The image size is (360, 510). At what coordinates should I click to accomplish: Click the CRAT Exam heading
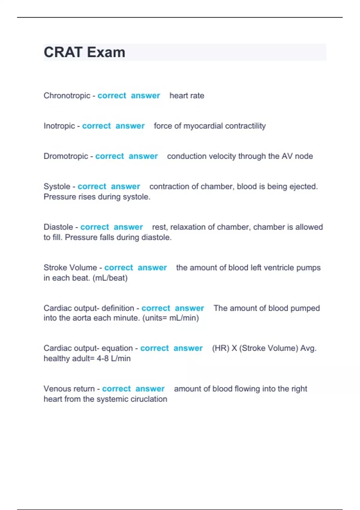tap(84, 52)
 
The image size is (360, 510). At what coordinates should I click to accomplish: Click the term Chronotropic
tap(67, 95)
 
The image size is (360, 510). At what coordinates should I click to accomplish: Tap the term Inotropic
tap(59, 126)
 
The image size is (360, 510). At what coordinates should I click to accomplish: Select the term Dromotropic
tap(66, 156)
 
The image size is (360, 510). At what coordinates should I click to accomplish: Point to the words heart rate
tap(187, 95)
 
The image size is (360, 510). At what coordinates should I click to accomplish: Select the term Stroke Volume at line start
tap(70, 267)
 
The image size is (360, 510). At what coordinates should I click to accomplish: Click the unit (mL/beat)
tap(110, 278)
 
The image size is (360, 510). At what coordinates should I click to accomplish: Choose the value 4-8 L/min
tap(113, 358)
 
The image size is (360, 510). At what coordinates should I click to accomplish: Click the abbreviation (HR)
tap(220, 348)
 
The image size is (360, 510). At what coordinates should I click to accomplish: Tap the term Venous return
tap(69, 388)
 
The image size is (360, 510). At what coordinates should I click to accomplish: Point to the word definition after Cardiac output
tap(118, 308)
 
